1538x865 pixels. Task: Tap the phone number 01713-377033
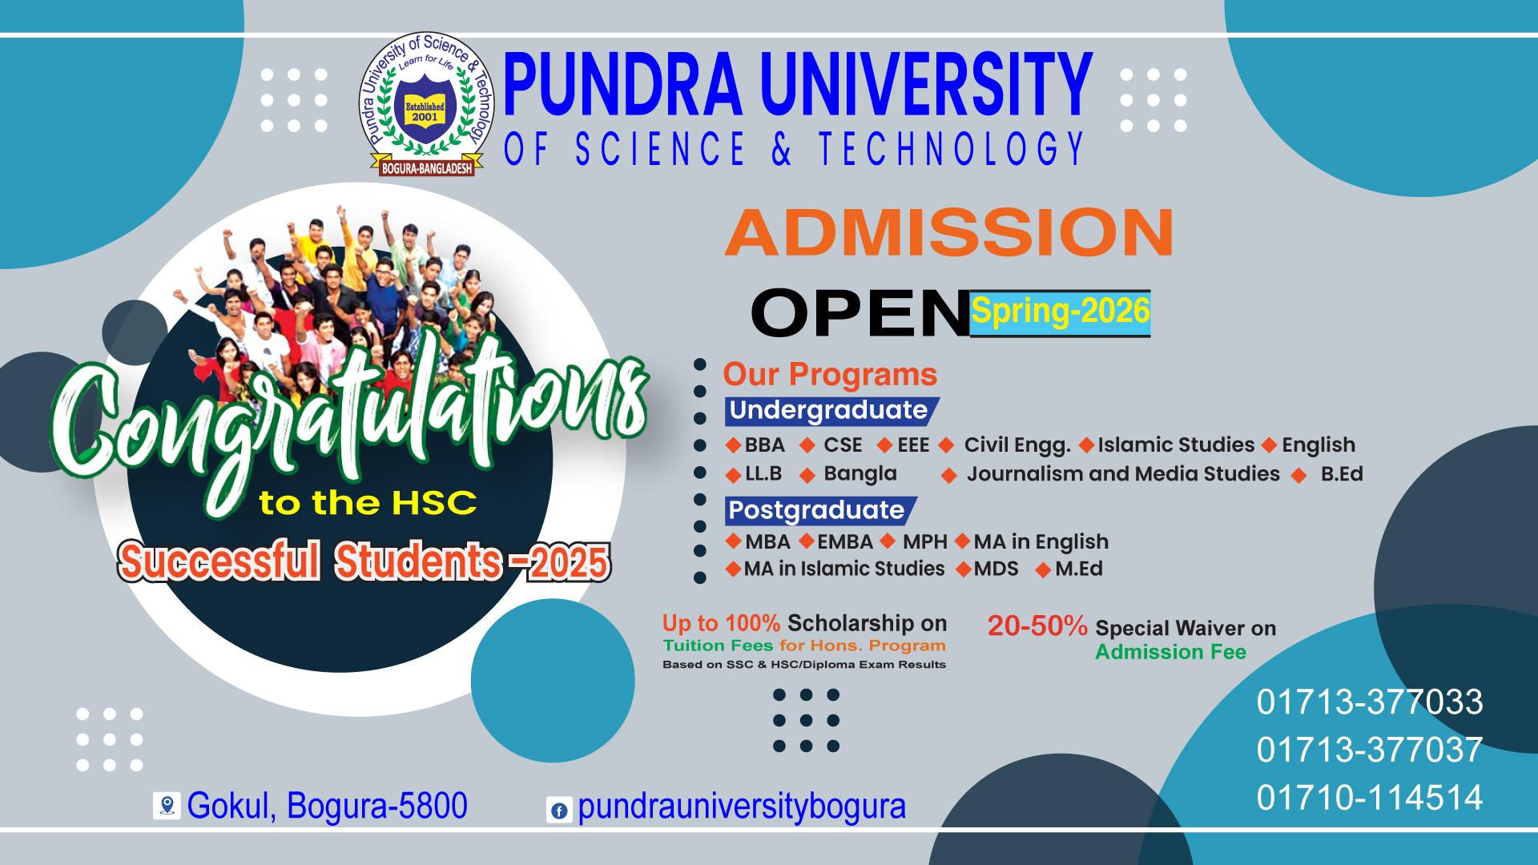point(1369,702)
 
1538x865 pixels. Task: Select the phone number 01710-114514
point(1369,798)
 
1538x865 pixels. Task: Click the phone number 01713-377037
point(1369,750)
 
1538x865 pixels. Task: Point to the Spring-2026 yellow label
point(1061,312)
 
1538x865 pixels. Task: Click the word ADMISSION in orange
point(949,232)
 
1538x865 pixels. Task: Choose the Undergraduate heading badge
point(828,410)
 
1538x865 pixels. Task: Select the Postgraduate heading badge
point(816,510)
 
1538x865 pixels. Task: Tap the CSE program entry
point(842,445)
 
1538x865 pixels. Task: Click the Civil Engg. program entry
point(1017,445)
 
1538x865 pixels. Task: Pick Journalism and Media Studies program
point(1122,474)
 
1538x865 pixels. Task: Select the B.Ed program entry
point(1341,474)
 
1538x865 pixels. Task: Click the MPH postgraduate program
point(924,542)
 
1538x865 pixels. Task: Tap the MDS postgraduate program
point(996,569)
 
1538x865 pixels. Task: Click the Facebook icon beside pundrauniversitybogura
point(558,810)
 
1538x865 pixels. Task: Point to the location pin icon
point(167,805)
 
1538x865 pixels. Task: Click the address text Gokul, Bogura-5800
point(327,806)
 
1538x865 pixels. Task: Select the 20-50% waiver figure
point(1037,626)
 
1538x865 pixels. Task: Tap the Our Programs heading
point(830,375)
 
